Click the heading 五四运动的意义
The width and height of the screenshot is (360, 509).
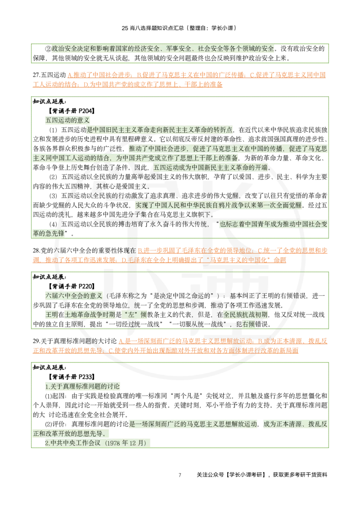point(68,120)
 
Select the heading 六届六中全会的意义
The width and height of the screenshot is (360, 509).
point(74,295)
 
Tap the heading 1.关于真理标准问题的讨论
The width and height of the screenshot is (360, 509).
point(82,386)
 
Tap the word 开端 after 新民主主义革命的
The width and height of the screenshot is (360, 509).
point(261,168)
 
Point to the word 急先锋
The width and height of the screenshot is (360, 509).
point(54,233)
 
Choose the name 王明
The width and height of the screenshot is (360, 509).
point(51,314)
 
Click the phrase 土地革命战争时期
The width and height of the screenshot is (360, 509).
point(90,314)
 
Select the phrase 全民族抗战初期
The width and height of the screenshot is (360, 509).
point(246,314)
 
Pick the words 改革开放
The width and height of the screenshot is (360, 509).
point(67,433)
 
